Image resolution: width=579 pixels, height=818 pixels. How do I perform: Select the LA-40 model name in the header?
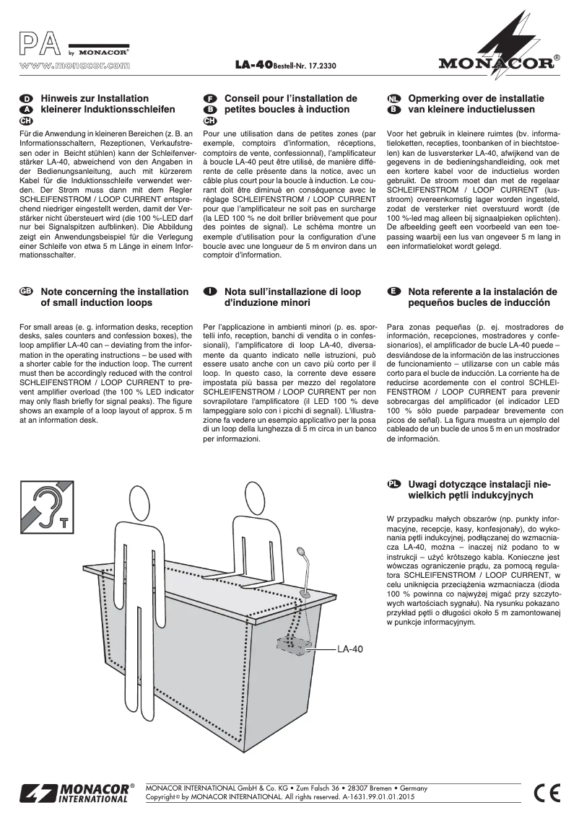tap(252, 66)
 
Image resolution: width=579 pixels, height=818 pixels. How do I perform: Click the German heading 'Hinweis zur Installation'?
tap(95, 98)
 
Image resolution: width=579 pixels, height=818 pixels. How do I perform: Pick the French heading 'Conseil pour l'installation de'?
tap(291, 98)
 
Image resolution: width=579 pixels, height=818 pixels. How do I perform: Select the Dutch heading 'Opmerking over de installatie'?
tap(476, 98)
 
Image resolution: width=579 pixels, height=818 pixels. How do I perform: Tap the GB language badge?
tap(26, 292)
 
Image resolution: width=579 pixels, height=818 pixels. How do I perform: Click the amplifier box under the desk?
tap(292, 644)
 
